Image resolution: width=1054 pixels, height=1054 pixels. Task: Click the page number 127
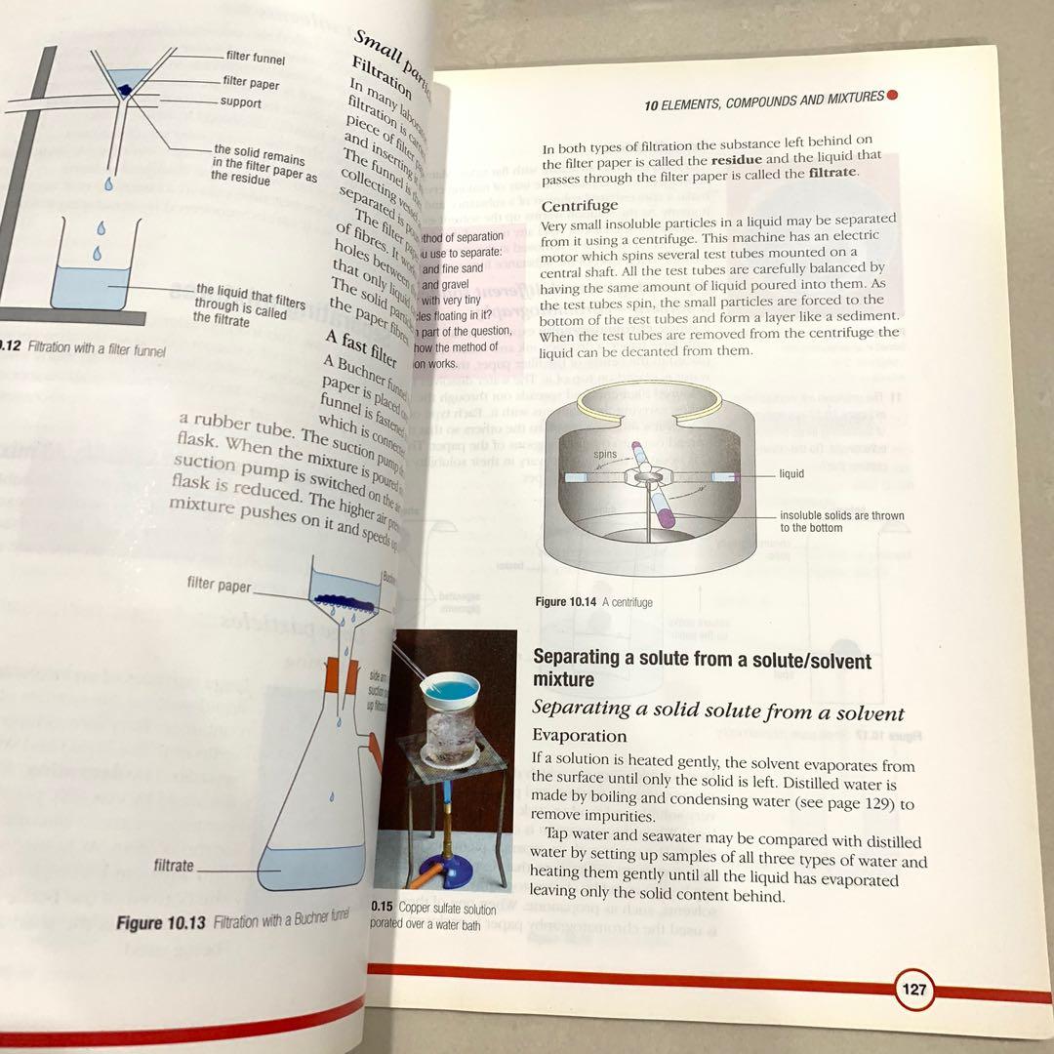tap(914, 990)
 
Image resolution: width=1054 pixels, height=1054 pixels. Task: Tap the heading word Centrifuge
tap(580, 205)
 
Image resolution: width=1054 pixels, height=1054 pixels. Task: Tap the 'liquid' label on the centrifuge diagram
tap(791, 474)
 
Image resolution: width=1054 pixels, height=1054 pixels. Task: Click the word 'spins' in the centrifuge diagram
tap(605, 456)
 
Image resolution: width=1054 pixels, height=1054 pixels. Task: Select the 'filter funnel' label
tap(255, 59)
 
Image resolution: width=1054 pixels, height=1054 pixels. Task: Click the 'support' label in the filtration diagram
tap(240, 102)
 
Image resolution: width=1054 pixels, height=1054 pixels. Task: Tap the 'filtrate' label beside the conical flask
tap(174, 866)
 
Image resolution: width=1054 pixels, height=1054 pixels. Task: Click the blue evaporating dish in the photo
tap(449, 687)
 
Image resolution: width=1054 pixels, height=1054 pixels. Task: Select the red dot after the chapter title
tap(892, 96)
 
